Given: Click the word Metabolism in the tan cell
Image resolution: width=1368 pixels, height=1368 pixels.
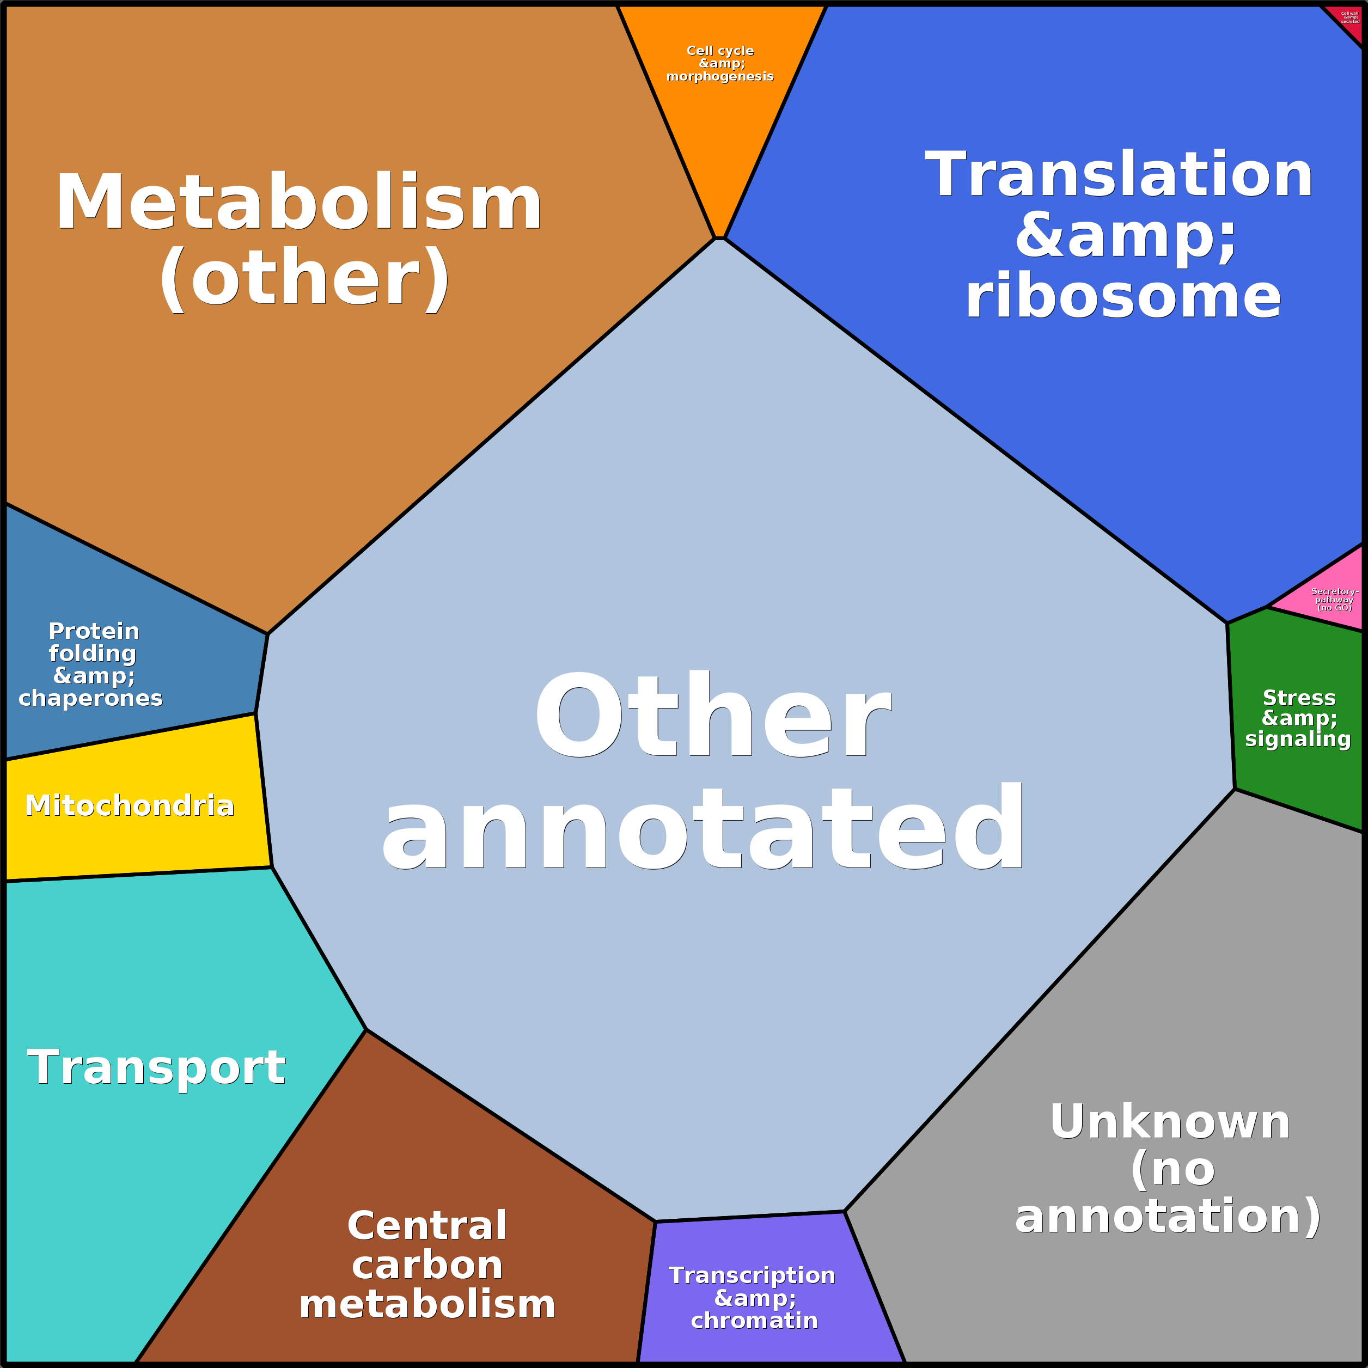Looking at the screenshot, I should click(299, 204).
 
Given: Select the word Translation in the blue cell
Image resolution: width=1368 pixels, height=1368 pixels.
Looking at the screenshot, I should click(1119, 175).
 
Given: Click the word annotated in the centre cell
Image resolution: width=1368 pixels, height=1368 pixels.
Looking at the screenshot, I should click(703, 828).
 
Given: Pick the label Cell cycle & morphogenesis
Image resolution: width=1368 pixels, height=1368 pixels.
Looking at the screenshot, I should click(720, 64).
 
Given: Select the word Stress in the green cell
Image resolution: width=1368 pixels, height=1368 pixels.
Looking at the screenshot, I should click(1299, 698).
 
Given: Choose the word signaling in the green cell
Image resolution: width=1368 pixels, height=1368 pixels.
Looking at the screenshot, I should click(1298, 739).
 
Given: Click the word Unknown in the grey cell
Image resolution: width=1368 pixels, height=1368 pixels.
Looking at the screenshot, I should click(1170, 1122).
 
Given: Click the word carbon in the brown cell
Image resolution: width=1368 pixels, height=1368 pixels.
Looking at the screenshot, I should click(427, 1265).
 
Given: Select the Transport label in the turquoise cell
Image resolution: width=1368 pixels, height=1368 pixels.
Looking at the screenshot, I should click(156, 1068).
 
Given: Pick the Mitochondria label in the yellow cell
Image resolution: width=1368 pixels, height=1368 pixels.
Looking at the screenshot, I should click(130, 806).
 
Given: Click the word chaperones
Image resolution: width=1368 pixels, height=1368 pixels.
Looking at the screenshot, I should click(90, 698).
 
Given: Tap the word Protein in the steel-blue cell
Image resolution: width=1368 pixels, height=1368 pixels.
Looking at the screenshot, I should click(94, 631).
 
